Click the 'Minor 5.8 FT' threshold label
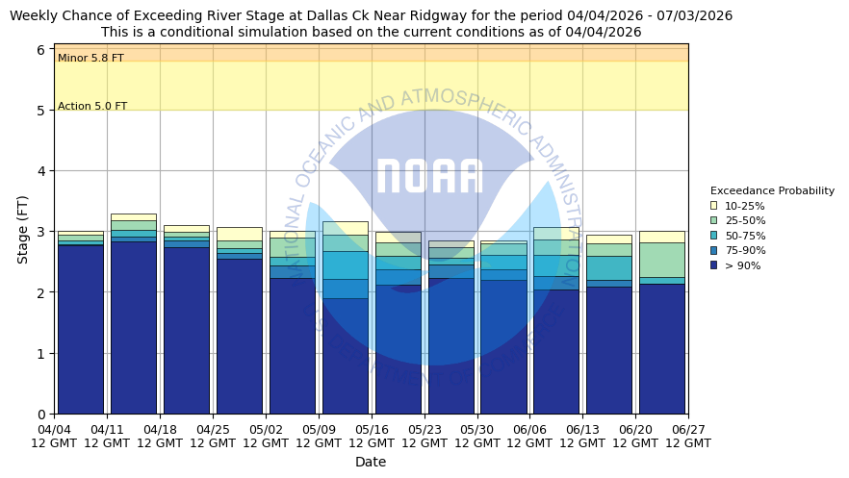90,59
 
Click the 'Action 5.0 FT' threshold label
92,107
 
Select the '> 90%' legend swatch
713,265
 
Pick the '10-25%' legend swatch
713,206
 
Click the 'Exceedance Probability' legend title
772,190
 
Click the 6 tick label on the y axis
40,50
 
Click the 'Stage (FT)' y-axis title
23,229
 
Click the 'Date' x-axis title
371,462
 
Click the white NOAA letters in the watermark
429,177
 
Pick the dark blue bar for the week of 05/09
345,356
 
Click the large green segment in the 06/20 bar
662,260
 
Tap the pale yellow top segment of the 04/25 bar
239,234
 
